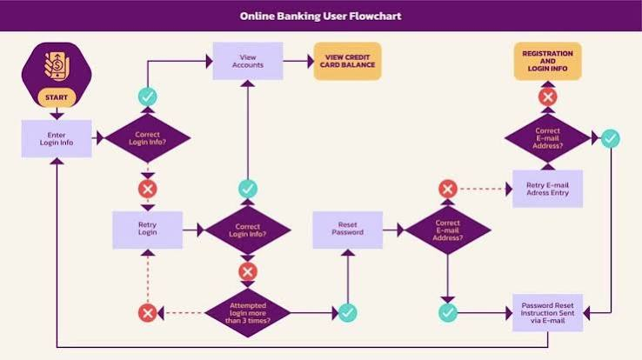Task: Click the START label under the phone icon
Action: click(57, 97)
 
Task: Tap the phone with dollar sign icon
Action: click(57, 66)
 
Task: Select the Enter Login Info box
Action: click(57, 138)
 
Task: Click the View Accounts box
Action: click(248, 61)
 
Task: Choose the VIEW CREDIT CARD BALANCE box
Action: click(348, 61)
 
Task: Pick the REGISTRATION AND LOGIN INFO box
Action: click(547, 61)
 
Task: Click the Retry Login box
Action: click(147, 230)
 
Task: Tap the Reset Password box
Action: click(348, 230)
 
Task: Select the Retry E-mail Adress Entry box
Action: click(547, 189)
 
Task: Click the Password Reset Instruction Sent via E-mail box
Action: click(547, 313)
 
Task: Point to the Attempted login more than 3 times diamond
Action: click(248, 313)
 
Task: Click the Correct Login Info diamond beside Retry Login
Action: click(248, 230)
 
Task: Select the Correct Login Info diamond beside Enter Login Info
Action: click(147, 138)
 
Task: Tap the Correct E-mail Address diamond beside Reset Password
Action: click(447, 230)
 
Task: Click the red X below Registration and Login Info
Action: click(548, 97)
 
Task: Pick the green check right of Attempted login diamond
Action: click(348, 313)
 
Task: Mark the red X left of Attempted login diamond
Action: click(147, 313)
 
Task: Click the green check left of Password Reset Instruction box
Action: click(448, 313)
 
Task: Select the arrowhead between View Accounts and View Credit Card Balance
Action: click(311, 62)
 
